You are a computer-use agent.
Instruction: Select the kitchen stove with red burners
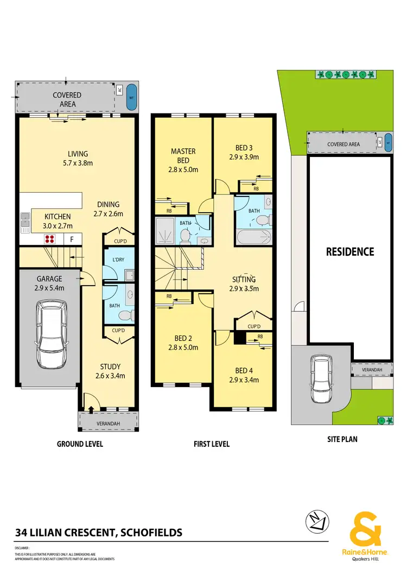point(51,238)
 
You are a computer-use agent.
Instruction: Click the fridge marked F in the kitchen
point(72,239)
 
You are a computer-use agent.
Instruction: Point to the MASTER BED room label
point(183,155)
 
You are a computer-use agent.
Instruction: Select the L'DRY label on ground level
point(118,259)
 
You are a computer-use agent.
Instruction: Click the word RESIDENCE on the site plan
point(349,252)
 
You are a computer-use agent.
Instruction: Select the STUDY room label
point(110,366)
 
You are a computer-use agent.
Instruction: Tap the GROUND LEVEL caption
point(80,444)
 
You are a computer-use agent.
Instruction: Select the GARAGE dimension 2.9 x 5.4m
point(49,288)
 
